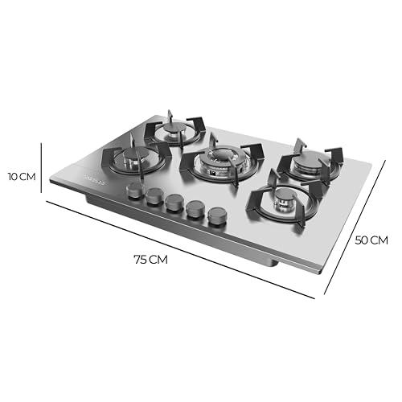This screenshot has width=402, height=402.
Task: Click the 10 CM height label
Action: point(22,177)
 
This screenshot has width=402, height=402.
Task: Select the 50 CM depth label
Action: point(371,240)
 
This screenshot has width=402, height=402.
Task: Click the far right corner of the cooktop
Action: point(373,170)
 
